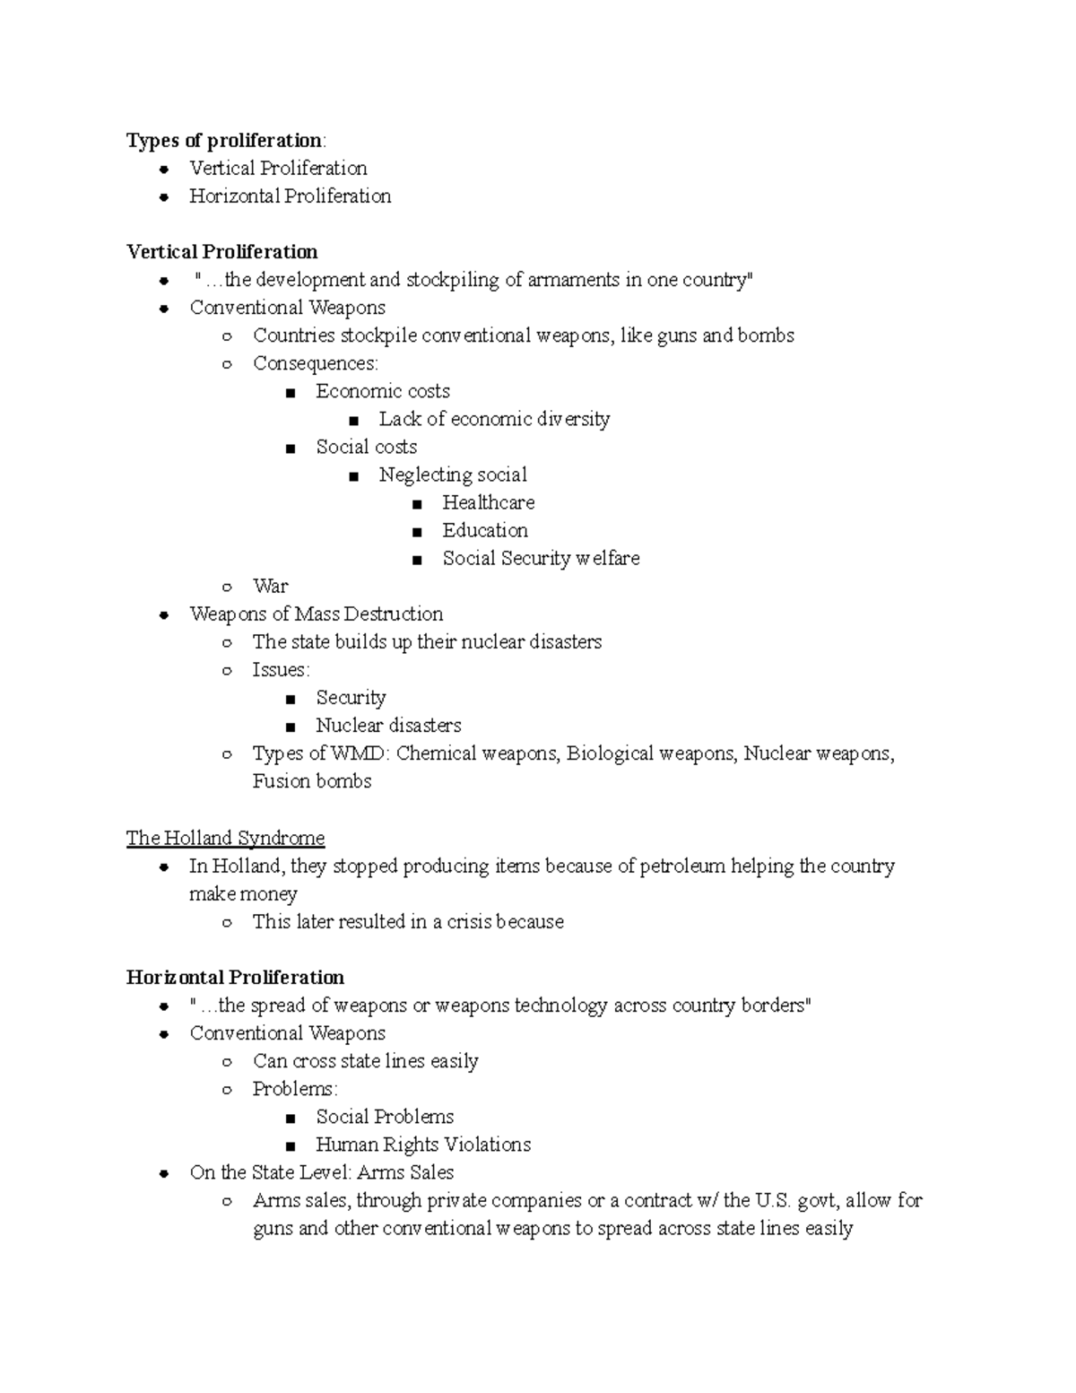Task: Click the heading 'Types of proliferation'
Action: pos(225,141)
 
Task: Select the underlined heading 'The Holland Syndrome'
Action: pos(225,838)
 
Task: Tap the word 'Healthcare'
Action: pos(488,502)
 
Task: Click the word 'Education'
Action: pos(484,530)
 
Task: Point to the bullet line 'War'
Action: pos(270,586)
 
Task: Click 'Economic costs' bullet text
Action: pos(382,391)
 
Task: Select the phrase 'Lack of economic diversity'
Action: pos(494,419)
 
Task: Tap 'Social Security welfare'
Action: pos(541,558)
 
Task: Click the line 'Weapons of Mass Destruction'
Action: pos(316,614)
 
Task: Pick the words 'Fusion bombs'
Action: pos(311,781)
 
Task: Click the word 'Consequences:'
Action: pos(316,363)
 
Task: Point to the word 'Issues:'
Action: pos(281,670)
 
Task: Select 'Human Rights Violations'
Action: pos(422,1145)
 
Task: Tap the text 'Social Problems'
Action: pos(385,1117)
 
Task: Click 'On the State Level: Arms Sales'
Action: pos(321,1172)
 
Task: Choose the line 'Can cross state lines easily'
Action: pos(365,1061)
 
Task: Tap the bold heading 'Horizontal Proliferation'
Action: pos(235,978)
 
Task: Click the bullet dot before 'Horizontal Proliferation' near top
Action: pos(163,197)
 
